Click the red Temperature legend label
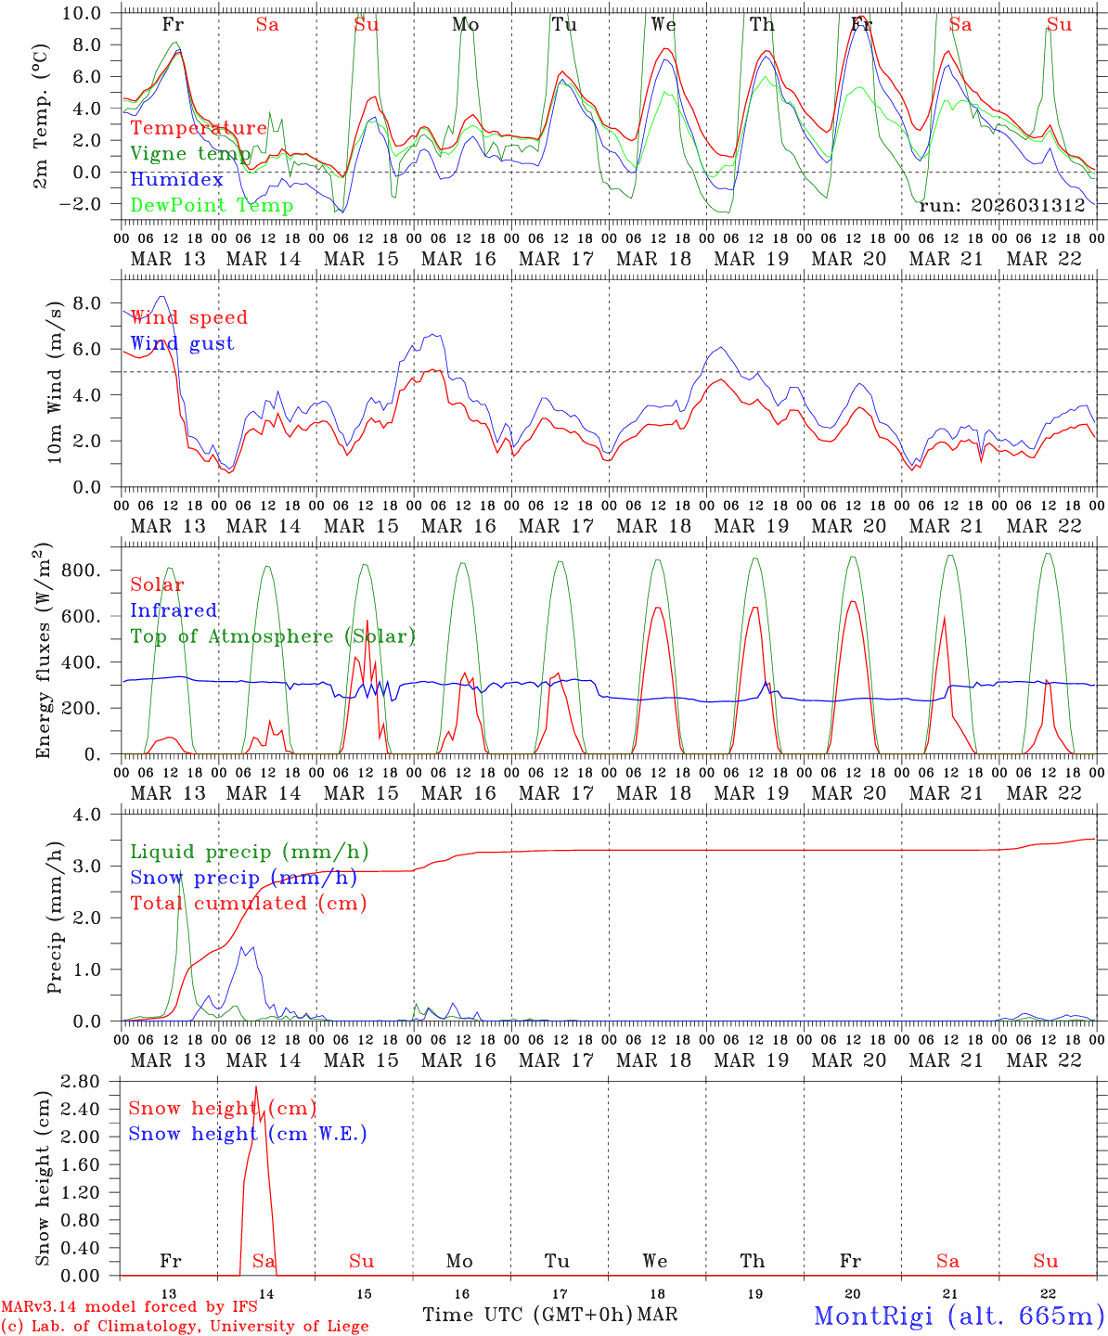[199, 128]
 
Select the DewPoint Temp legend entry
[212, 206]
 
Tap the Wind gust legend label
[182, 343]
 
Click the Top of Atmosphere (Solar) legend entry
[273, 636]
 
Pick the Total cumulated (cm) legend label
[248, 903]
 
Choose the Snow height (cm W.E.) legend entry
[248, 1134]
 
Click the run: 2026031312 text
[1001, 206]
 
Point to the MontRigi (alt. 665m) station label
[959, 1315]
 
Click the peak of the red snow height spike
[256, 1086]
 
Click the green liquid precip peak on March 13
[181, 875]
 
